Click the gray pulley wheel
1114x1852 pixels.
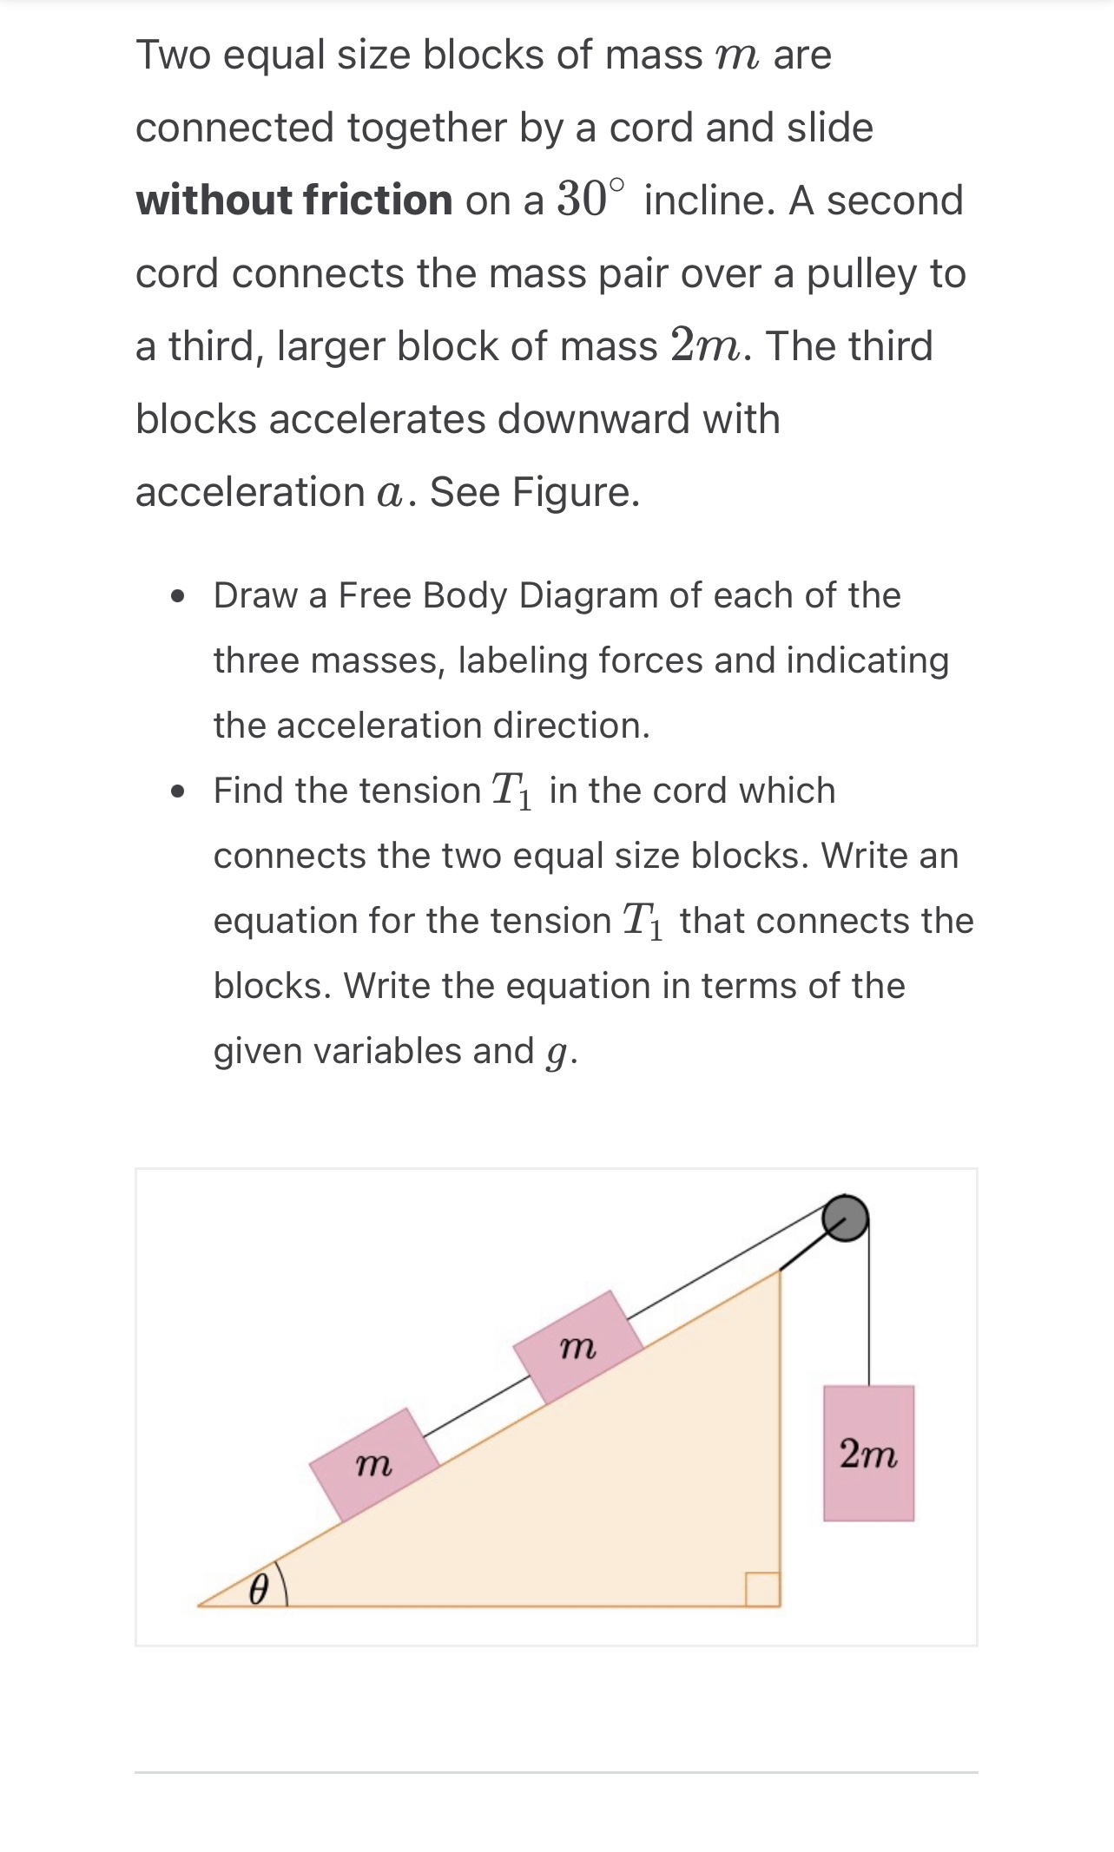(x=845, y=1217)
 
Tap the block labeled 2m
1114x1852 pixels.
(x=868, y=1453)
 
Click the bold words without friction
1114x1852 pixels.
(x=293, y=200)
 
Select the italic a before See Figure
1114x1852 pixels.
(x=390, y=493)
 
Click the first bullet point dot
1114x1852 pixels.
(x=179, y=597)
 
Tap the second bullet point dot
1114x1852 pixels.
(x=179, y=791)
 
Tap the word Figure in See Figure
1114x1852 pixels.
(x=575, y=492)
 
